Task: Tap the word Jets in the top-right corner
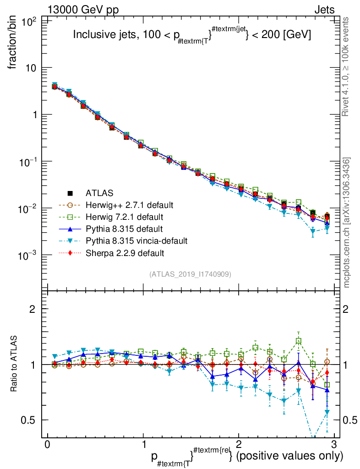click(x=324, y=10)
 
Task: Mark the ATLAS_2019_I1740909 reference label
click(x=190, y=274)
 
